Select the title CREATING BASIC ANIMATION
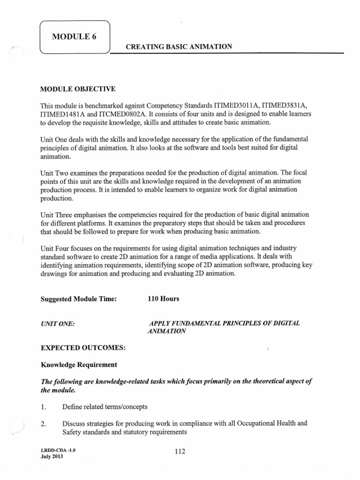click(x=179, y=46)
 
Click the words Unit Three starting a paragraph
click(x=56, y=215)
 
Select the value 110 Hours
click(x=163, y=299)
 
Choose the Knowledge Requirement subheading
click(x=79, y=364)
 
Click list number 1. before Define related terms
click(x=44, y=406)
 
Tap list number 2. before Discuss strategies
click(x=44, y=424)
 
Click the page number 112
click(x=180, y=451)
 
